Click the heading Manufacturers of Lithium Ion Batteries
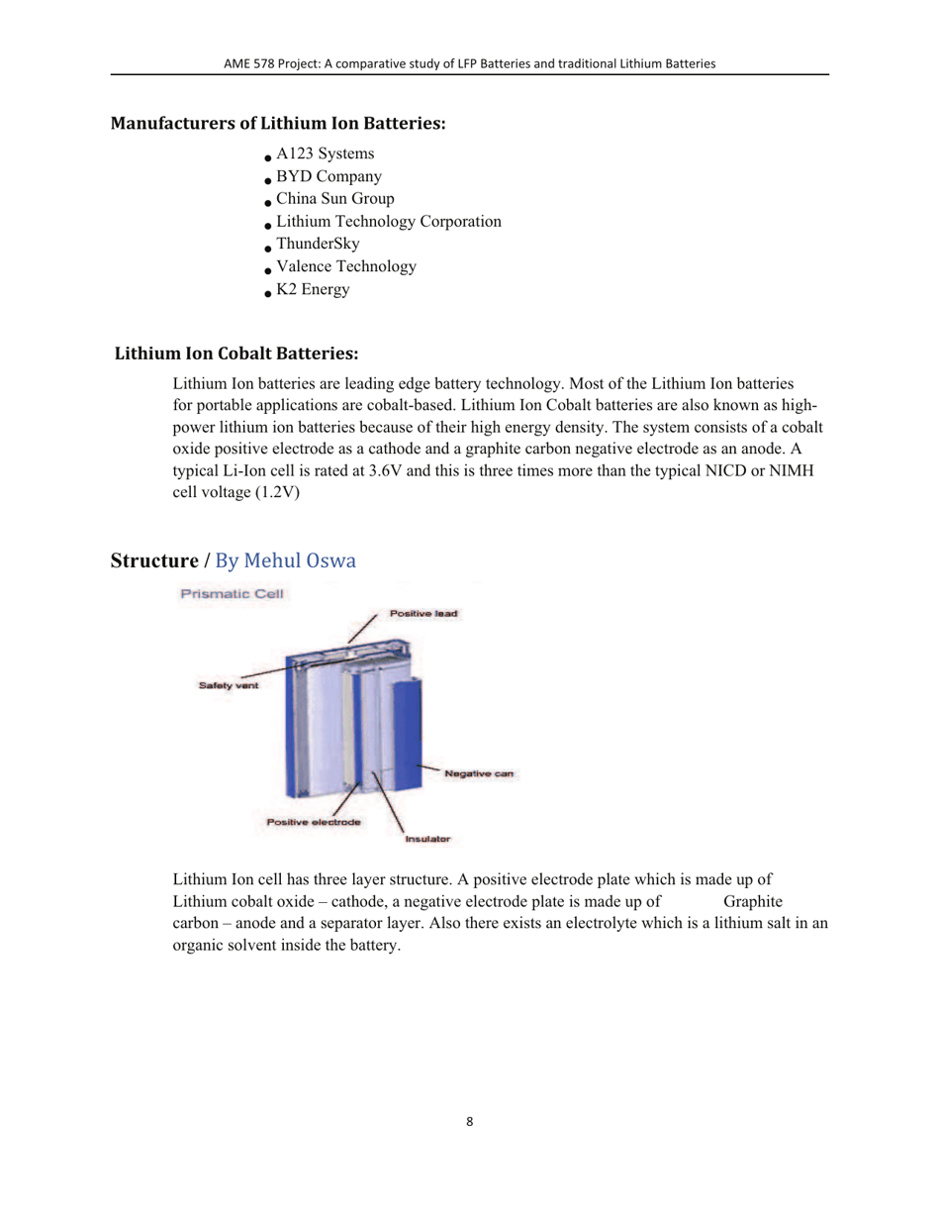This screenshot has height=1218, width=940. (278, 125)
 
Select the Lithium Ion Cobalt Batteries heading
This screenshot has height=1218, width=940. (236, 354)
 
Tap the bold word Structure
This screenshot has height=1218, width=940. (153, 561)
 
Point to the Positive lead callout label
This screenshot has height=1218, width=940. (423, 614)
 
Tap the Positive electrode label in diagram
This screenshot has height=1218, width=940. (313, 822)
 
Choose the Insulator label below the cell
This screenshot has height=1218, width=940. (427, 839)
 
